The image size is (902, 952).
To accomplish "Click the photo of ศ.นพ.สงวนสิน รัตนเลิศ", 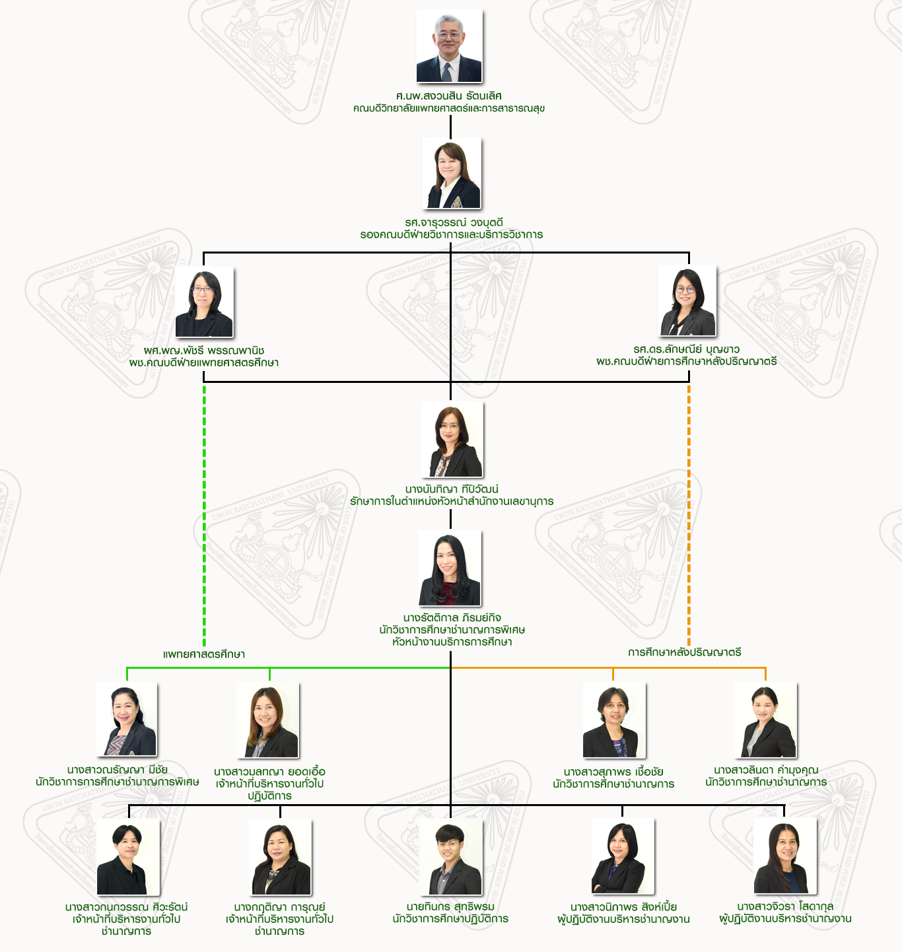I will (x=449, y=46).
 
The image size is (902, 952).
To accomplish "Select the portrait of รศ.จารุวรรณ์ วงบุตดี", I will (x=452, y=174).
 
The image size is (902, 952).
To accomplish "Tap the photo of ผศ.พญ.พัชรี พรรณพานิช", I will (x=204, y=302).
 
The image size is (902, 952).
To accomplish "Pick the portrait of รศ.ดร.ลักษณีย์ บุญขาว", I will (x=688, y=301).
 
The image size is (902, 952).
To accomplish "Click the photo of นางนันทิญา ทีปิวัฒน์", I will (x=452, y=440).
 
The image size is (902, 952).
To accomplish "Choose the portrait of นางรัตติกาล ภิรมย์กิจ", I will (x=450, y=568).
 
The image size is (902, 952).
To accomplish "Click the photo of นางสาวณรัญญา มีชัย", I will (x=127, y=720).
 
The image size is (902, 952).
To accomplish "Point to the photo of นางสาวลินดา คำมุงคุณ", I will (x=766, y=720).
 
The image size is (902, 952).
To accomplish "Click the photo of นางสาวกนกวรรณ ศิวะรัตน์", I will (x=128, y=858).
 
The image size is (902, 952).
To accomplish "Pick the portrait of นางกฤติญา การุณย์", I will (x=281, y=858).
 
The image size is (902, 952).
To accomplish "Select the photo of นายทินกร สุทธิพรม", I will (x=451, y=858).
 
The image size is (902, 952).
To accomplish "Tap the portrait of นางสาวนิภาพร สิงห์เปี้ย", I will (x=623, y=856).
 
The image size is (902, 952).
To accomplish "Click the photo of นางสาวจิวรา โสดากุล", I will (x=785, y=856).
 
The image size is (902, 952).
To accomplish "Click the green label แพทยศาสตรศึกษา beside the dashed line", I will (x=204, y=654).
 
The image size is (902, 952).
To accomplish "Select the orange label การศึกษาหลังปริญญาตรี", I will (x=685, y=652).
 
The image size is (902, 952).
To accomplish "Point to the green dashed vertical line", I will (x=204, y=515).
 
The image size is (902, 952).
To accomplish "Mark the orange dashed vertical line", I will (x=689, y=515).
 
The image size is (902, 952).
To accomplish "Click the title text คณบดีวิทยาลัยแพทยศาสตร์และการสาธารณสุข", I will (x=449, y=108).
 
